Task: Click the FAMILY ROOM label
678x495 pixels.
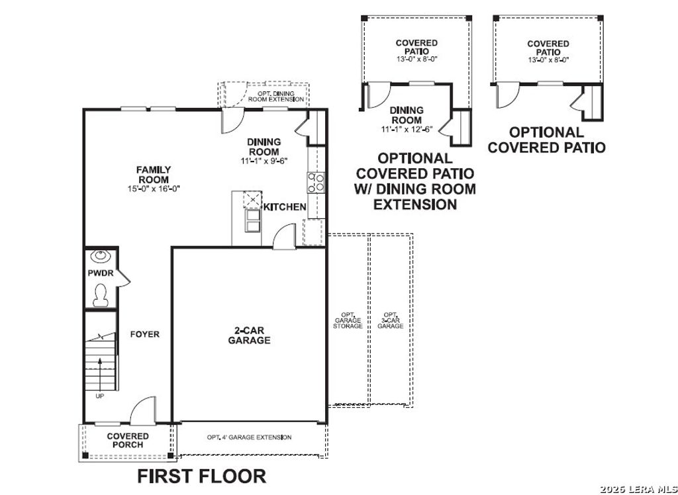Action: click(x=154, y=175)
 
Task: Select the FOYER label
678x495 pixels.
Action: click(x=144, y=334)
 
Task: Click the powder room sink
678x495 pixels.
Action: click(x=100, y=256)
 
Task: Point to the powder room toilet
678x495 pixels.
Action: click(x=101, y=294)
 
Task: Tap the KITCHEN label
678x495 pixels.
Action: click(x=285, y=207)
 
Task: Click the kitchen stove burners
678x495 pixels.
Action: click(x=315, y=181)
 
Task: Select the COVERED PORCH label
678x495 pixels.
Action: click(x=128, y=440)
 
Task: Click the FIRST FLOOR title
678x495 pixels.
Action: click(x=201, y=476)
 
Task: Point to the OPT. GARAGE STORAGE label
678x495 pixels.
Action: click(x=348, y=321)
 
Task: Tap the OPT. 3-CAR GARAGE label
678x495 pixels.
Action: click(x=391, y=321)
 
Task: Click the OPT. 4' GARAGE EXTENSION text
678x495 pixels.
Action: click(x=249, y=437)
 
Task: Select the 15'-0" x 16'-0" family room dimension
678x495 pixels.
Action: click(x=154, y=189)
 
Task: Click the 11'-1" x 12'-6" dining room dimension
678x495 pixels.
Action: click(x=406, y=130)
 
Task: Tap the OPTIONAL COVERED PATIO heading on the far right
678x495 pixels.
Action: click(x=546, y=140)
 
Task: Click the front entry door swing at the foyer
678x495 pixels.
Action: click(x=142, y=413)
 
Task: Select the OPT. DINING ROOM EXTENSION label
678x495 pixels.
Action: click(x=276, y=97)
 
